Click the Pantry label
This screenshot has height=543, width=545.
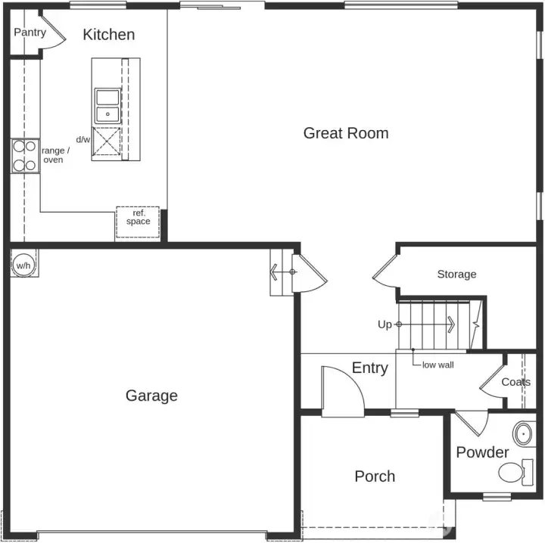(30, 33)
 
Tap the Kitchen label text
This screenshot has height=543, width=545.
(108, 34)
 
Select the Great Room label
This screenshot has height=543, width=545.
(345, 133)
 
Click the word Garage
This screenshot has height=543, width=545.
(151, 396)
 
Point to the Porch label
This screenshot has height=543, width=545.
(375, 476)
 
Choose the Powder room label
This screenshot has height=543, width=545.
(482, 452)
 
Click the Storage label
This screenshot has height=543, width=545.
(456, 274)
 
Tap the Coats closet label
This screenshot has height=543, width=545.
(515, 382)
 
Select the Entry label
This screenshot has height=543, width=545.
(369, 368)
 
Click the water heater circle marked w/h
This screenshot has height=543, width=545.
(23, 265)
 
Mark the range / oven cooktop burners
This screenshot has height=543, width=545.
(24, 156)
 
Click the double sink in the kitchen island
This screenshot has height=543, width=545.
(108, 106)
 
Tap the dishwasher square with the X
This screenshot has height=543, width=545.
(107, 142)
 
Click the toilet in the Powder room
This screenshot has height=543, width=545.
(512, 473)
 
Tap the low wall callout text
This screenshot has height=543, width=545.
(438, 365)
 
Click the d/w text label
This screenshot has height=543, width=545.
(83, 140)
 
